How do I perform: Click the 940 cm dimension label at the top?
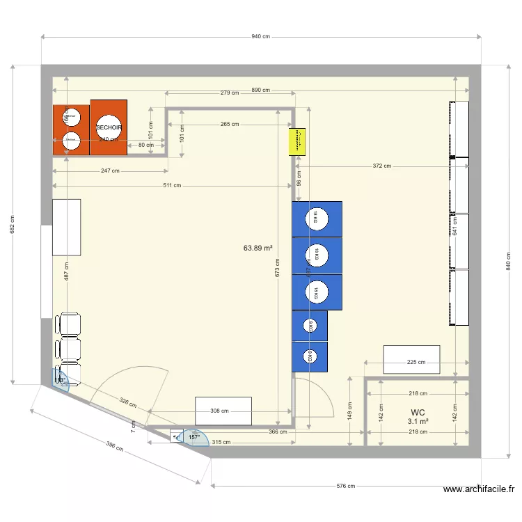[x=261, y=36]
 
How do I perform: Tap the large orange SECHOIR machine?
[x=109, y=127]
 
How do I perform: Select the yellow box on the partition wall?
[x=299, y=141]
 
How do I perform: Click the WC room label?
[x=418, y=412]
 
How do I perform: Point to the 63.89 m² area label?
[x=258, y=247]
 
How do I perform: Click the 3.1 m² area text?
[x=418, y=422]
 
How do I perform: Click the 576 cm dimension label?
[x=346, y=487]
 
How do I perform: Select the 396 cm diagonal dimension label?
[x=114, y=450]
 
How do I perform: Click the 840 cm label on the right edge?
[x=508, y=261]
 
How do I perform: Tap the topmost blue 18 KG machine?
[x=317, y=219]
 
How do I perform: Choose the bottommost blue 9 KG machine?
[x=310, y=356]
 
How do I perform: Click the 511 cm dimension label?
[x=172, y=185]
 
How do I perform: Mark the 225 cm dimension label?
[x=416, y=362]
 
